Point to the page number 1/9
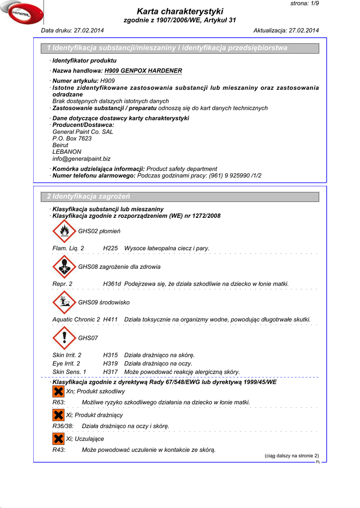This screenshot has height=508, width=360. coord(311,3)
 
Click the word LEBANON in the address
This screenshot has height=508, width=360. coord(67,152)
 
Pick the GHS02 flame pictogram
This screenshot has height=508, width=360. coord(64,231)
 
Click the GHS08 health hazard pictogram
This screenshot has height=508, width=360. coord(64,266)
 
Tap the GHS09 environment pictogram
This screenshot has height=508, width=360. coord(64,302)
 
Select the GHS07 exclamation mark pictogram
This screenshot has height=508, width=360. coord(64,338)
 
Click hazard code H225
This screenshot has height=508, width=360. coord(110,248)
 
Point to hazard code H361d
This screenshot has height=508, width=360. coord(112,284)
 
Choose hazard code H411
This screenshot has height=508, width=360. coord(110,319)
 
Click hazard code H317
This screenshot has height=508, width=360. coord(110,372)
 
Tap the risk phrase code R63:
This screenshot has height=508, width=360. coord(59,402)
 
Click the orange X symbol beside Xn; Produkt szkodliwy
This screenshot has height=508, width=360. coord(58,391)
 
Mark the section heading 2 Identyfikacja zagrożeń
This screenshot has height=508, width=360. coord(88,196)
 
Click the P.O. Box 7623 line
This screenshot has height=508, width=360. coord(72,138)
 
